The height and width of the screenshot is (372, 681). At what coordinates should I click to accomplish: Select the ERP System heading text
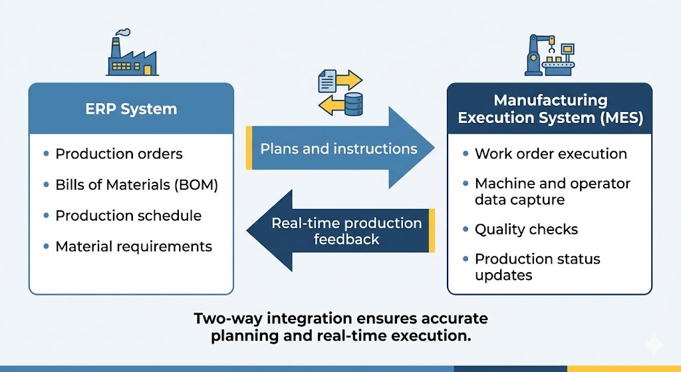131,108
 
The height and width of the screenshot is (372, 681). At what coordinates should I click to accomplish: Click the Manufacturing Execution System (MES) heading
549,109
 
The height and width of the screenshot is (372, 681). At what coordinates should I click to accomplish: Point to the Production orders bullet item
118,154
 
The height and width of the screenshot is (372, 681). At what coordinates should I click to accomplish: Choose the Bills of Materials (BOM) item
136,185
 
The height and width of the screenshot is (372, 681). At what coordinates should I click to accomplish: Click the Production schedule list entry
128,216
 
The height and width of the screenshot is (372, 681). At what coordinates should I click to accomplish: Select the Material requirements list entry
134,246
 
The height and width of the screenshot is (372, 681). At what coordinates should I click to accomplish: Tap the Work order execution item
551,154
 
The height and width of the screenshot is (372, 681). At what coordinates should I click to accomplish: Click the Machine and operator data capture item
552,191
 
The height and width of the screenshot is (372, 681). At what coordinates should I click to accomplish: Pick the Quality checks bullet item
526,230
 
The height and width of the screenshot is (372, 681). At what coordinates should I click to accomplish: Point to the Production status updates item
537,266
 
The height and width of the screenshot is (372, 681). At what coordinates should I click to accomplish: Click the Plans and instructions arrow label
339,148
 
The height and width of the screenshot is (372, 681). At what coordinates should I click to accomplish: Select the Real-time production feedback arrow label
346,231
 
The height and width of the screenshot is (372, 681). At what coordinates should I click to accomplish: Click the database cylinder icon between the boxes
352,104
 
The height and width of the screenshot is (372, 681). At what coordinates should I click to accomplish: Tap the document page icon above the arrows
327,83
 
